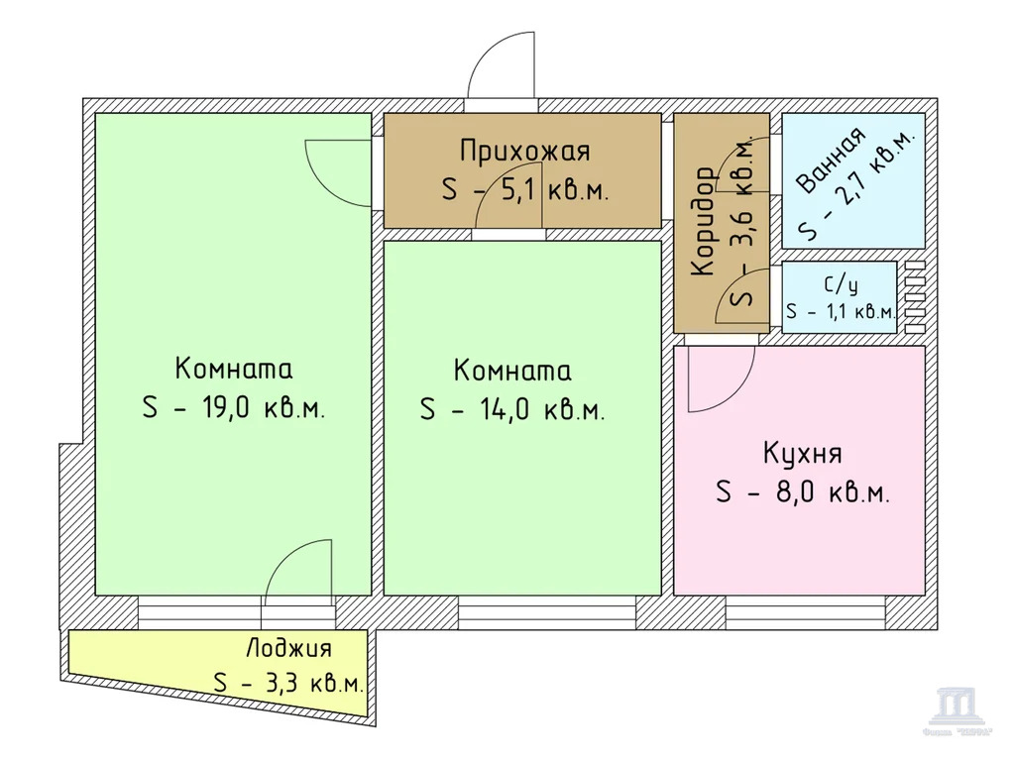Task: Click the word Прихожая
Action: tap(524, 152)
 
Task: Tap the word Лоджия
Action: tap(288, 649)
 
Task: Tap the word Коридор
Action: tap(702, 223)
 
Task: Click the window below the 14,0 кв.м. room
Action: tap(545, 612)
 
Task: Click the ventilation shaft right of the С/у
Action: tap(915, 296)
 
